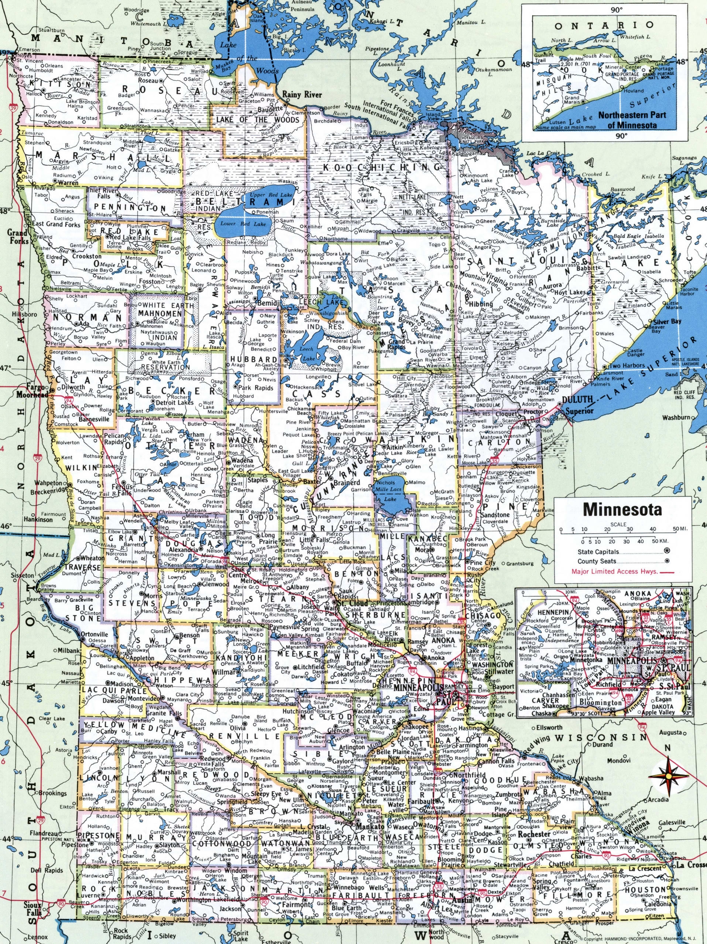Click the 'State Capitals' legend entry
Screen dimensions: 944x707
pyautogui.click(x=598, y=552)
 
